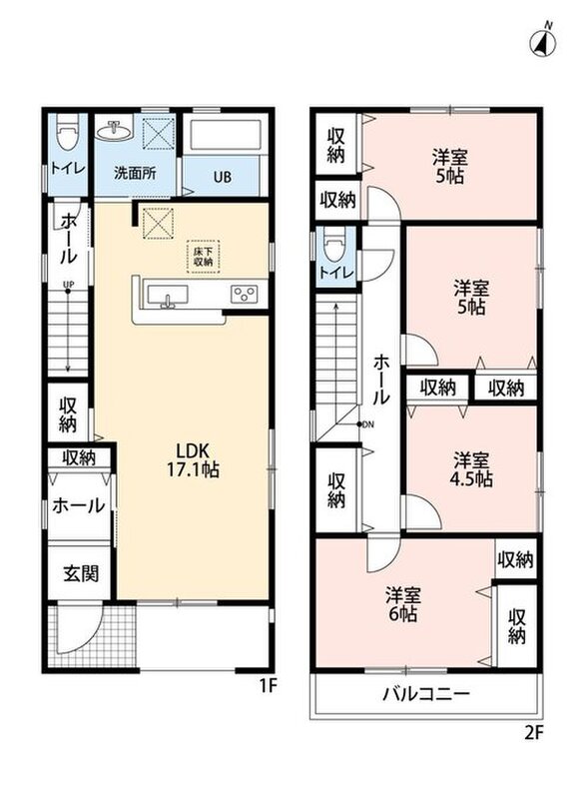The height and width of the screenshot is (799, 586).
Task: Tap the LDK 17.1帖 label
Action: (x=193, y=459)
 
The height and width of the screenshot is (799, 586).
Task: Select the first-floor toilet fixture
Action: (x=66, y=132)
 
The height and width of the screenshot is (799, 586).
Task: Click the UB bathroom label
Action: (x=223, y=178)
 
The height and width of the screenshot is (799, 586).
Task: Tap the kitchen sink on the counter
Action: (x=167, y=297)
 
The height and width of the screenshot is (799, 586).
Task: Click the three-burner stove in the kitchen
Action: (x=244, y=294)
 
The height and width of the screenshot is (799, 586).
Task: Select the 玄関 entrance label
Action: (x=81, y=573)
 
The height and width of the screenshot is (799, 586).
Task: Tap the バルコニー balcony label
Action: (x=426, y=693)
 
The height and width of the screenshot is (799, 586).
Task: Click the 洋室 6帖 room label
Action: (x=402, y=604)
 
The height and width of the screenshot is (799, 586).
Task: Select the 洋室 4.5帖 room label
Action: (x=472, y=469)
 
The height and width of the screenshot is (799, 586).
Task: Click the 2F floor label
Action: (x=534, y=733)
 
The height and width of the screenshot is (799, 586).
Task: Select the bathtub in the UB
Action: (x=222, y=135)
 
